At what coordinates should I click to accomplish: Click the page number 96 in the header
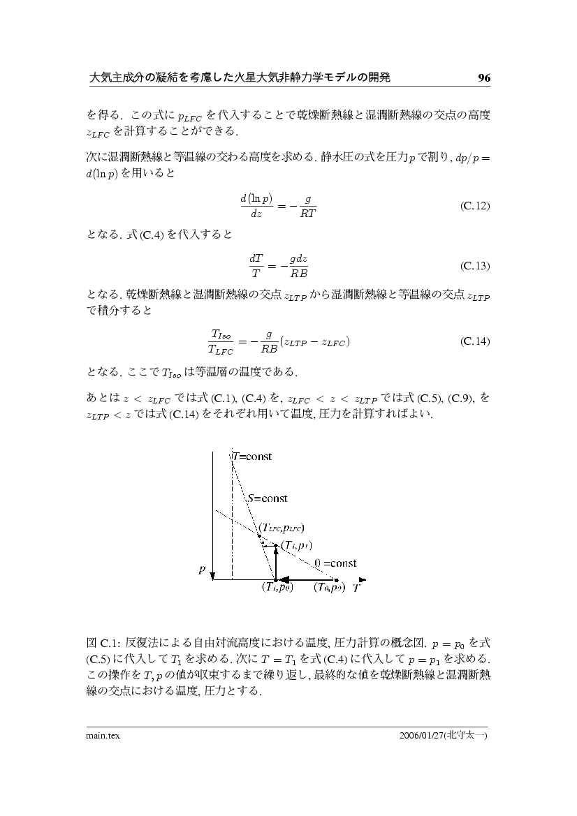point(484,78)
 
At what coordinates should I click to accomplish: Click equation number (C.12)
point(475,207)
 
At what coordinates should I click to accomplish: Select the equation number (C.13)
point(475,266)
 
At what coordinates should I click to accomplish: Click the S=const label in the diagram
point(268,498)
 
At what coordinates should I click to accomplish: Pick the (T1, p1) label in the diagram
point(295,545)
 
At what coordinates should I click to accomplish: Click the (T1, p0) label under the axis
point(276,588)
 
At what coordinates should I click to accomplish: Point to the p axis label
point(202,569)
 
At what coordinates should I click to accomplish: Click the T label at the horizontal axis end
point(356,588)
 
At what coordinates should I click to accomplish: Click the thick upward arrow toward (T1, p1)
point(275,563)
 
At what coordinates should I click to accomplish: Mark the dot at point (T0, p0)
point(336,579)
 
